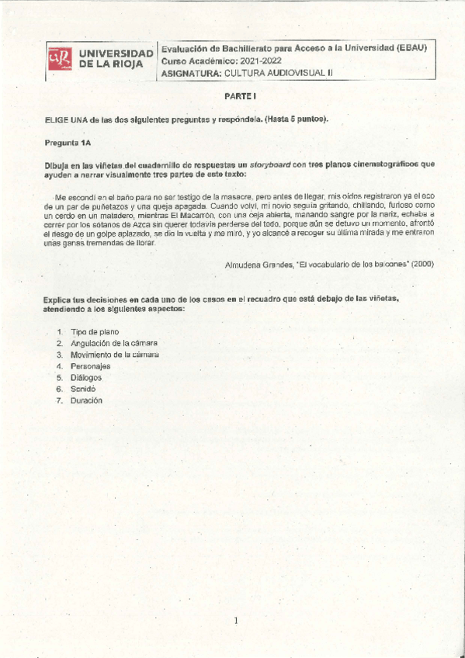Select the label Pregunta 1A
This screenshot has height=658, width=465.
[68, 143]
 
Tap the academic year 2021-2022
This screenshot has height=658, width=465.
[261, 61]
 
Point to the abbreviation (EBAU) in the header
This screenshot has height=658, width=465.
[411, 47]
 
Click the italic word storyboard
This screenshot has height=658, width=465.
[269, 164]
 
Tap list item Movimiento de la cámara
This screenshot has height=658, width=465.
[114, 355]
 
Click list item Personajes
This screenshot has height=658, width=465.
[90, 365]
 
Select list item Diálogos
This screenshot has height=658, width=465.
[86, 377]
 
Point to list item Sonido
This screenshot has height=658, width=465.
[83, 389]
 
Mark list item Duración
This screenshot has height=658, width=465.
[86, 400]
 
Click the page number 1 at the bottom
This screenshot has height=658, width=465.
[235, 620]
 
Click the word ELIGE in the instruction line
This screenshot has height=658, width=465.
[57, 119]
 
